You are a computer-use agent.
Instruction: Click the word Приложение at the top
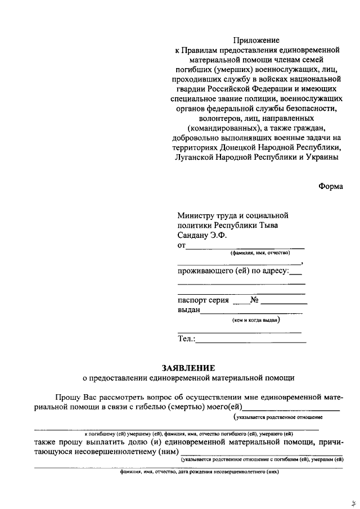click(256, 40)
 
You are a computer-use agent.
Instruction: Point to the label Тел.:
click(186, 339)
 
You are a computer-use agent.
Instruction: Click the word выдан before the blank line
click(188, 310)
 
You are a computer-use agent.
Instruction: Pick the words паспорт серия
click(203, 300)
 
